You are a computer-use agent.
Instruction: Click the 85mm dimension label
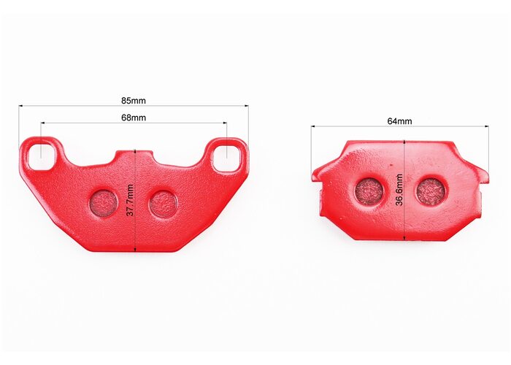pos(134,101)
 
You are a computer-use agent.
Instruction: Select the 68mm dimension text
pos(134,118)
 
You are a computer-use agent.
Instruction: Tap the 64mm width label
pos(399,121)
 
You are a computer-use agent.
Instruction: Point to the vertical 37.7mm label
pos(130,200)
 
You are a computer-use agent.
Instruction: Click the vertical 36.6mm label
pos(399,190)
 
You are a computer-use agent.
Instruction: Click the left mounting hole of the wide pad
pos(41,155)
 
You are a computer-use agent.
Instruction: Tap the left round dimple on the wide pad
pos(104,204)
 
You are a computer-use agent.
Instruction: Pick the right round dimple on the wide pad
pos(164,204)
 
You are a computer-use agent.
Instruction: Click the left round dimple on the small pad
pos(369,191)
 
